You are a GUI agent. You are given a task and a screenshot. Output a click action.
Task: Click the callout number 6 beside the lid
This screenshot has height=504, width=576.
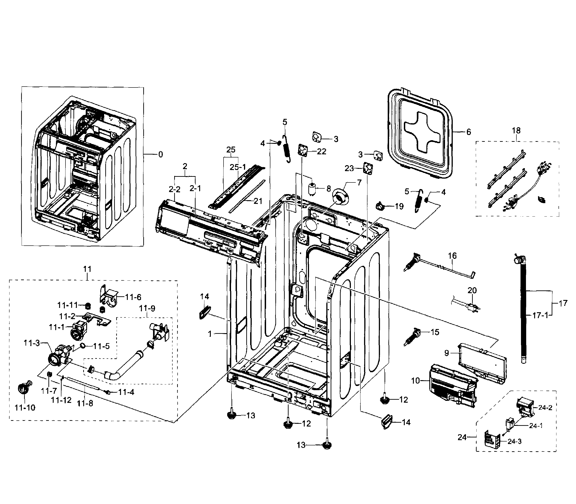[x=468, y=132]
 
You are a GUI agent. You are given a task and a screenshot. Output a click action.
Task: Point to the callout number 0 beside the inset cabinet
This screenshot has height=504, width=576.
[x=160, y=155]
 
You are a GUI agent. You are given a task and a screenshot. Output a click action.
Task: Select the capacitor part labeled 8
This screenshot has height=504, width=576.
[x=312, y=189]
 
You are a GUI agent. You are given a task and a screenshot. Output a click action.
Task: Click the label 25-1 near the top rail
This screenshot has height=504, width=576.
[x=238, y=167]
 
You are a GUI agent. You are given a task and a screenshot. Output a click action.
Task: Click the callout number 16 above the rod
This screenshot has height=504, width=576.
[x=452, y=256]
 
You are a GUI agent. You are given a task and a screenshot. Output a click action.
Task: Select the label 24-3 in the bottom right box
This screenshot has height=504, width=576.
[x=514, y=442]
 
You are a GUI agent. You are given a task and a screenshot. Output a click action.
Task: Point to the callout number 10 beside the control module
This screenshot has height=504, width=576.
[x=415, y=381]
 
